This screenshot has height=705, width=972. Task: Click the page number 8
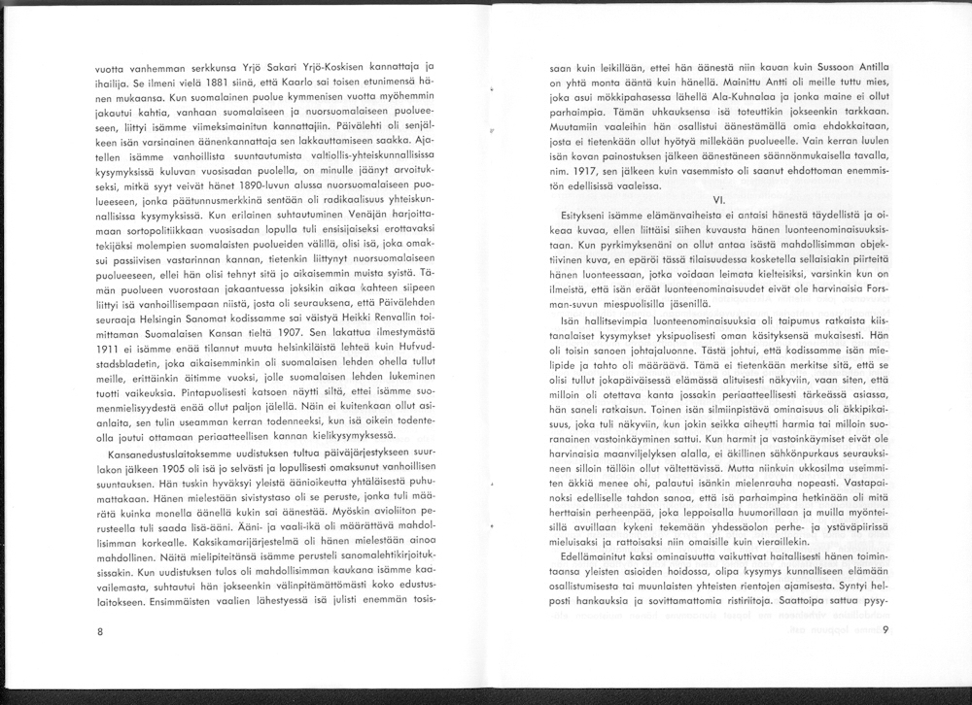[100, 632]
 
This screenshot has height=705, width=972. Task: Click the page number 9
[885, 632]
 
